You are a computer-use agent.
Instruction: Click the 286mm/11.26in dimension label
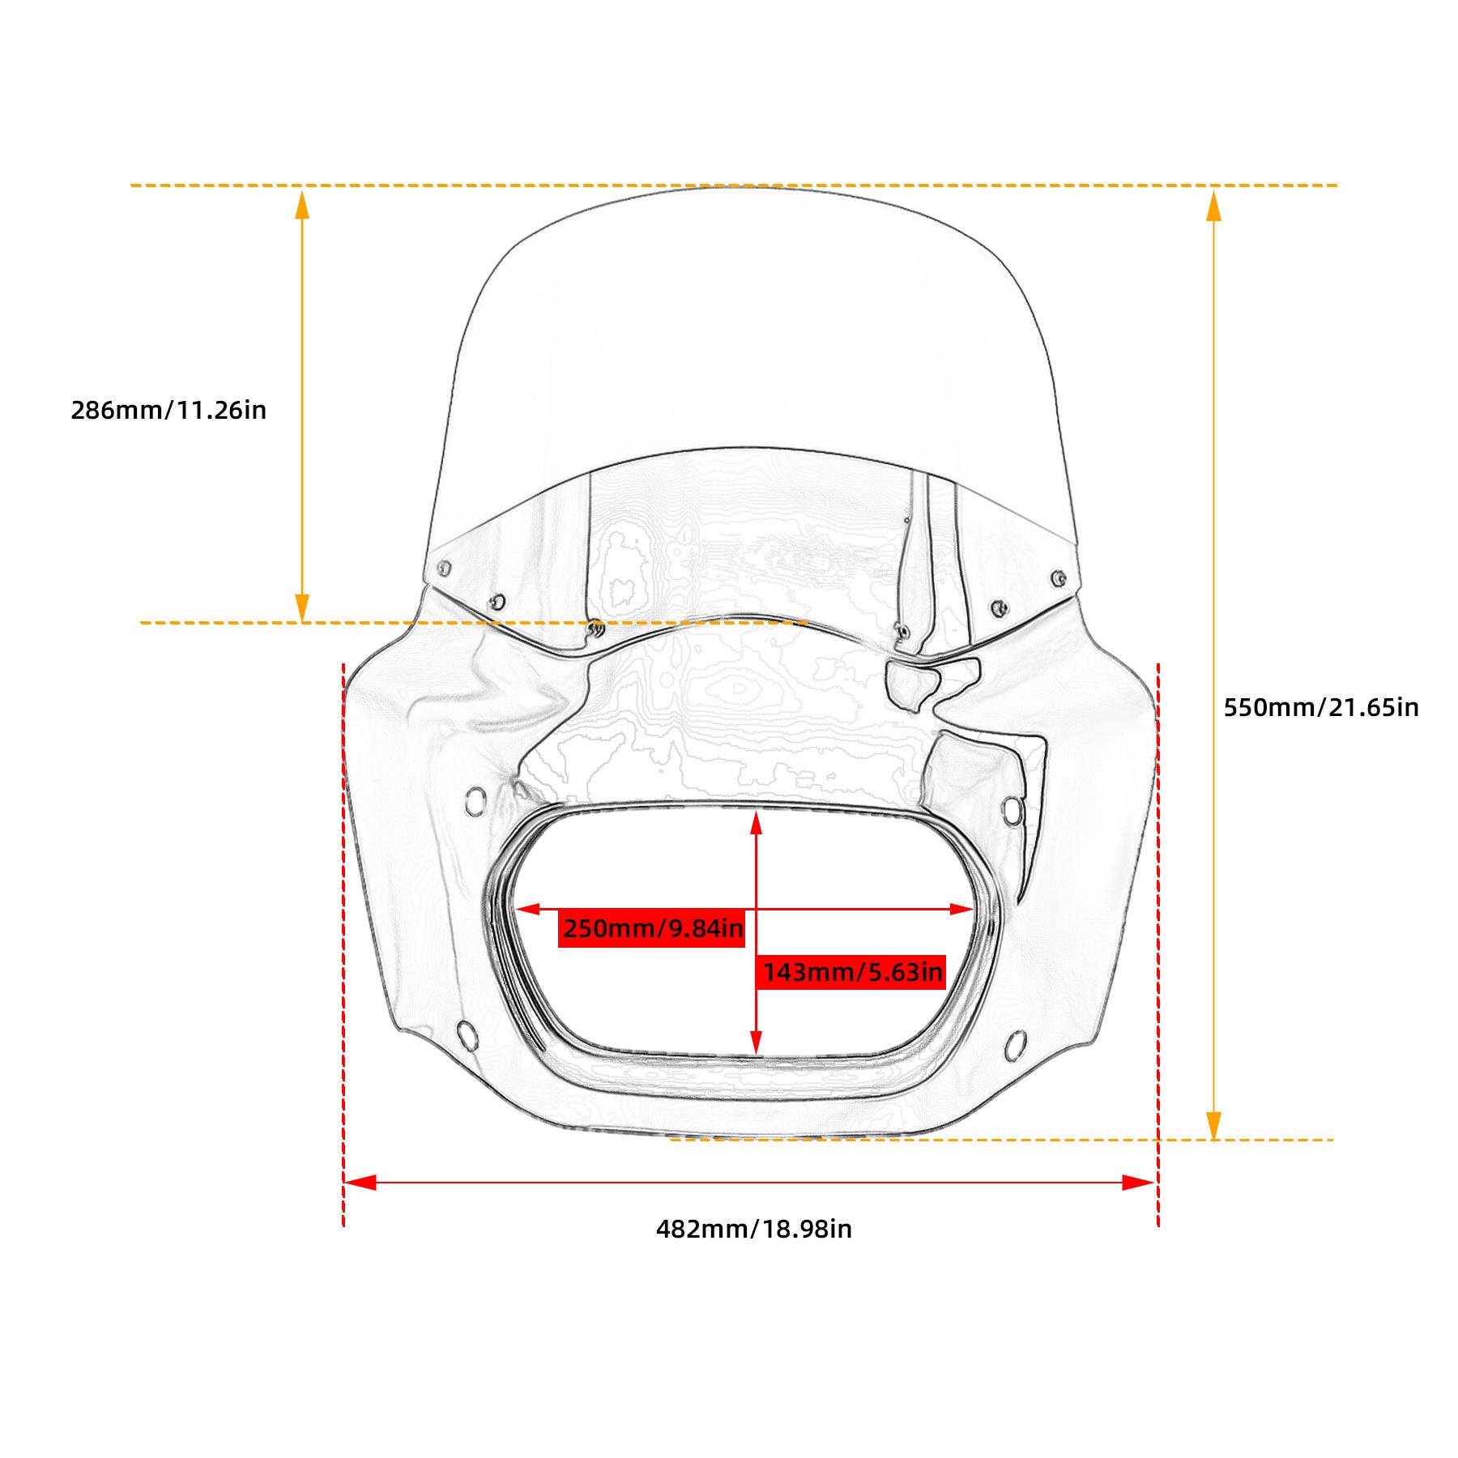168,411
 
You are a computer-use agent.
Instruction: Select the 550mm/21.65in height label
1321,708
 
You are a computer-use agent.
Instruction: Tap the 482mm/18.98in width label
754,1230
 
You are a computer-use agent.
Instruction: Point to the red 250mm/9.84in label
652,928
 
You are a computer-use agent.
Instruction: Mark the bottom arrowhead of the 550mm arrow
1213,1125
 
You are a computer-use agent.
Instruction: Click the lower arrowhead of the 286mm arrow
302,607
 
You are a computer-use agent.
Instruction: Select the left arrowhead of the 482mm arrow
360,1183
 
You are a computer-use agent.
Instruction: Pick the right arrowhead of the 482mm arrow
1138,1183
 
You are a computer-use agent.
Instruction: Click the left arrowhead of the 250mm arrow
528,909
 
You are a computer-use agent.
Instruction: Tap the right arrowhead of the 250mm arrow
961,909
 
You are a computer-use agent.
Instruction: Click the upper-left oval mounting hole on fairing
475,801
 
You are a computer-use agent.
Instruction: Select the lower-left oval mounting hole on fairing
467,1035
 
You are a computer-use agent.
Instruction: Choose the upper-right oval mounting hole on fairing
1012,810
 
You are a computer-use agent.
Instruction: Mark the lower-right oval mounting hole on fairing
1016,1046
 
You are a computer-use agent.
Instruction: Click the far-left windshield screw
443,569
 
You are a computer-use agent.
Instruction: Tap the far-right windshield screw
1057,578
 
